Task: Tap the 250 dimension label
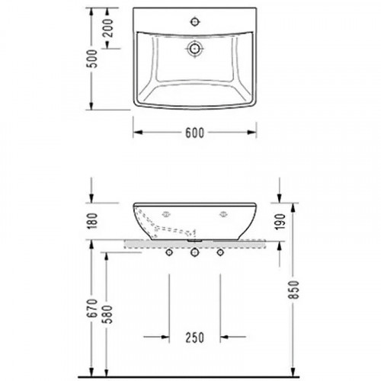[195, 337]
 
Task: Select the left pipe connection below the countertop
[168, 251]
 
